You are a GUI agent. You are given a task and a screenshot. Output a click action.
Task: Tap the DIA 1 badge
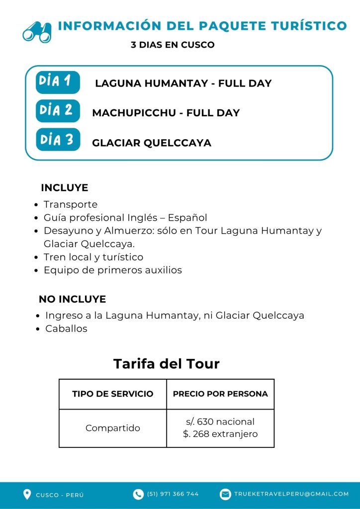coord(58,82)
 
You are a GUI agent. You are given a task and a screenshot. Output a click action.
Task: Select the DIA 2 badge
coord(58,111)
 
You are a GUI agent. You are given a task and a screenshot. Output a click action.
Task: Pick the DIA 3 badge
coord(58,140)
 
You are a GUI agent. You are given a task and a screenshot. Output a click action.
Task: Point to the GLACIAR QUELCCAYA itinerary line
coord(152,143)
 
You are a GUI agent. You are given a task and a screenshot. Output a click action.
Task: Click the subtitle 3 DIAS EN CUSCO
coord(173,45)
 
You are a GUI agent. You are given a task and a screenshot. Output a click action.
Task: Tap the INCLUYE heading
coord(64,188)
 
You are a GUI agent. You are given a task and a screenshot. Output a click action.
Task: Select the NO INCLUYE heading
coord(72,299)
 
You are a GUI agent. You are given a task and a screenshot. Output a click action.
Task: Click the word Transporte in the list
coord(71,204)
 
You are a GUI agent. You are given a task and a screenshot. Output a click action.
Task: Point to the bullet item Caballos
coord(66,329)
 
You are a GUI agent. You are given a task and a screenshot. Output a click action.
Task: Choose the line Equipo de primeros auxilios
coord(113,270)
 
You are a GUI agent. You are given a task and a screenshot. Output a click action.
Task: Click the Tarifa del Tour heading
coord(167,364)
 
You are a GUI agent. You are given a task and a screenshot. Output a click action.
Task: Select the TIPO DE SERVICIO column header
coord(113,394)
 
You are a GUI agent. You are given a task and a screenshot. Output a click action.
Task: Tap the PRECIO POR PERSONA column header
coord(220,394)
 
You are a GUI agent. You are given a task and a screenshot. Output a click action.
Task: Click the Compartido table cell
coord(113,428)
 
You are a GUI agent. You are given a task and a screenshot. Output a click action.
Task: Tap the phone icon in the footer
coord(138,494)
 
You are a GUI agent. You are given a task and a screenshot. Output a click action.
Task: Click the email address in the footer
coord(291,494)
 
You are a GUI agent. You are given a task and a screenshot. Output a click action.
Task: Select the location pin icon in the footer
coord(27,494)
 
